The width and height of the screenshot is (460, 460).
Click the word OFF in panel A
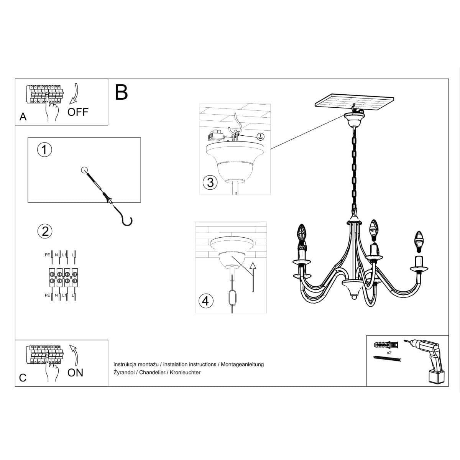pyautogui.click(x=78, y=112)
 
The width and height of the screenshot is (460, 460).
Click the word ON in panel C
pyautogui.click(x=75, y=373)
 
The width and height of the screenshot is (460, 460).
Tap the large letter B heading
pyautogui.click(x=122, y=92)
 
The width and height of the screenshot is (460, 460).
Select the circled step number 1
pyautogui.click(x=44, y=149)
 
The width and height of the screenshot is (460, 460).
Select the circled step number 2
pyautogui.click(x=45, y=231)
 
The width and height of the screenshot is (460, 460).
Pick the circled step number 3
pyautogui.click(x=210, y=182)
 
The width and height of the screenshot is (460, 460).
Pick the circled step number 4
pyautogui.click(x=205, y=301)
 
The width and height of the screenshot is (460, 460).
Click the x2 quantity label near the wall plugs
pyautogui.click(x=389, y=352)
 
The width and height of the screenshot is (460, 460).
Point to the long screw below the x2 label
pyautogui.click(x=387, y=359)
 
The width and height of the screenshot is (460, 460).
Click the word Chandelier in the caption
pyautogui.click(x=154, y=373)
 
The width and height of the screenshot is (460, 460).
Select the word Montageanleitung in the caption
pyautogui.click(x=242, y=365)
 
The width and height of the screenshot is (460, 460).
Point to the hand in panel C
pyautogui.click(x=52, y=370)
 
